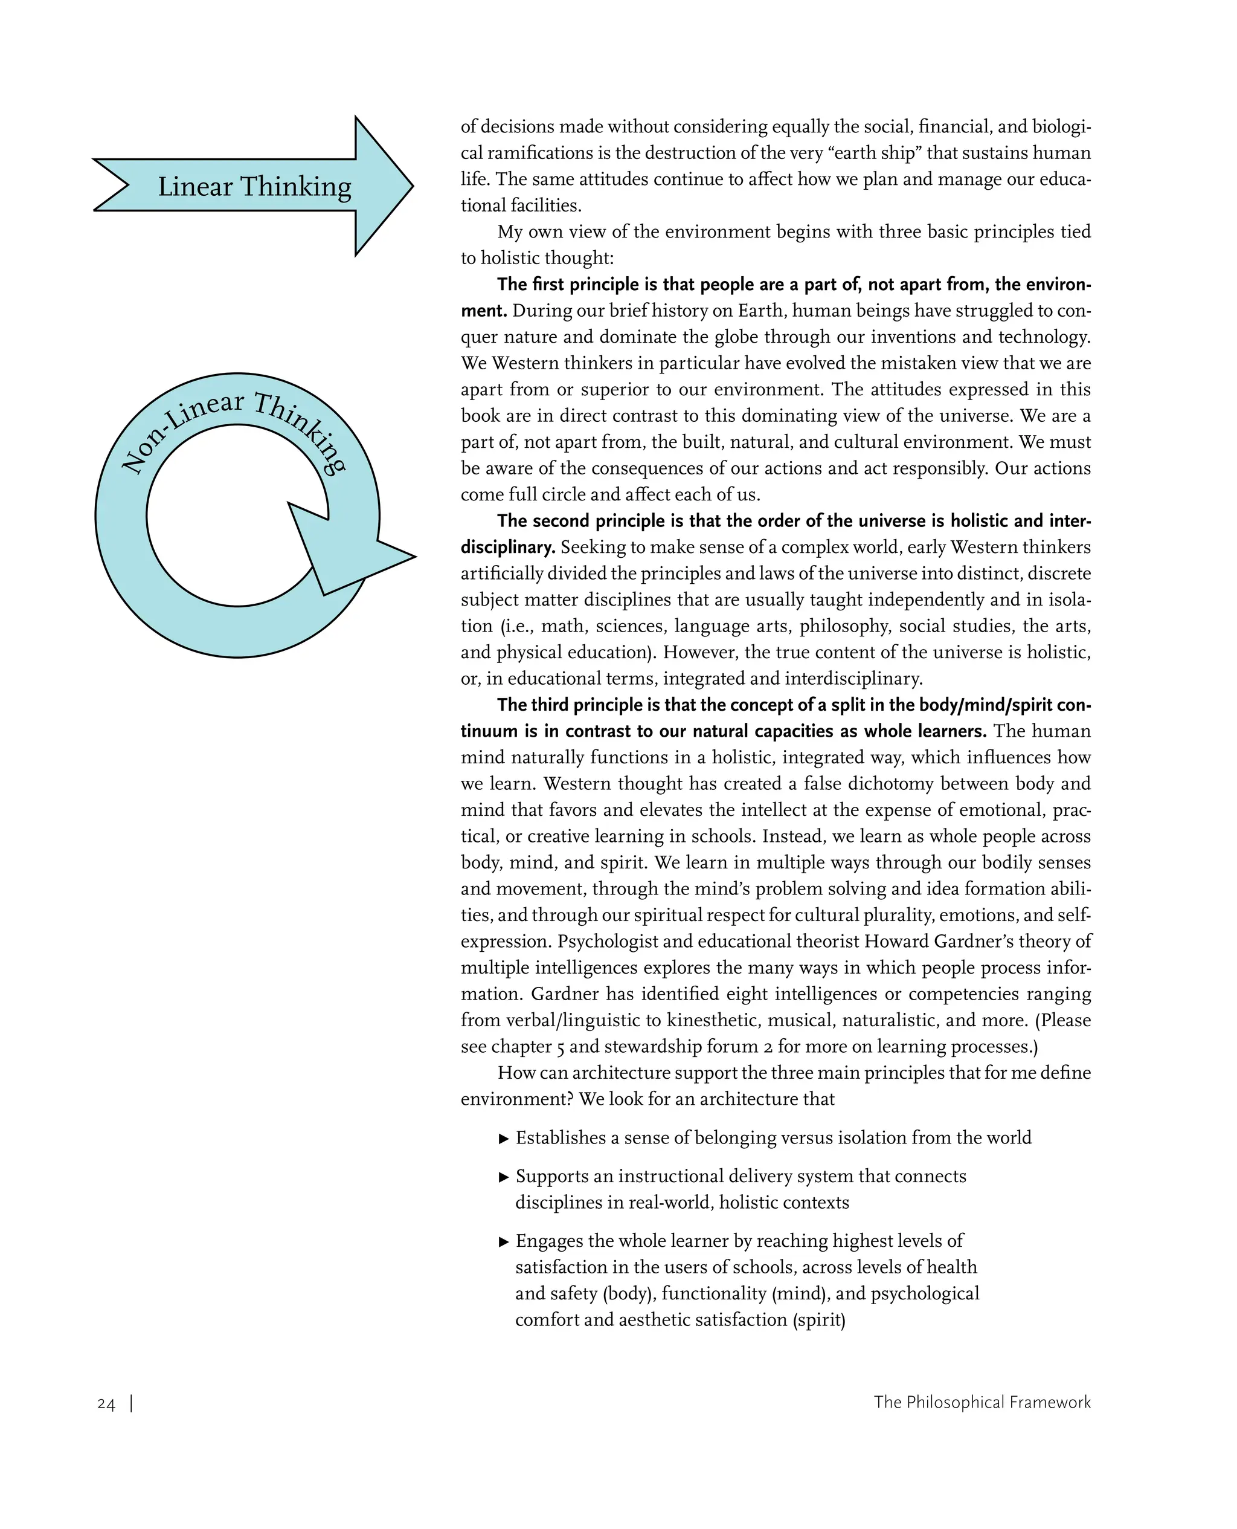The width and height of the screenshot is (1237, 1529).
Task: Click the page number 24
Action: click(x=106, y=1403)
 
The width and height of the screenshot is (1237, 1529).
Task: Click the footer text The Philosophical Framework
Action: click(x=982, y=1402)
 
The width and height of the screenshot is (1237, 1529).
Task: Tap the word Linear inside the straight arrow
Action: click(x=195, y=187)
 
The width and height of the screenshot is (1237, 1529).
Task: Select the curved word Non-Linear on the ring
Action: click(x=181, y=428)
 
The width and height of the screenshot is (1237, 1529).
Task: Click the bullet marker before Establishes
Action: click(x=504, y=1139)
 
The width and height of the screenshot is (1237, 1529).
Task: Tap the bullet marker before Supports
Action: click(x=504, y=1177)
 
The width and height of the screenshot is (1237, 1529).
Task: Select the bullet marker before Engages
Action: click(x=504, y=1242)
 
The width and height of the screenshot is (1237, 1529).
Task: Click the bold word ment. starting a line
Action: click(x=483, y=311)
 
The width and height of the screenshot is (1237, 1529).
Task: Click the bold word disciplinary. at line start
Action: click(x=507, y=548)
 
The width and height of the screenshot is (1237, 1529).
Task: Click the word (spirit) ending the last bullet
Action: click(x=819, y=1320)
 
